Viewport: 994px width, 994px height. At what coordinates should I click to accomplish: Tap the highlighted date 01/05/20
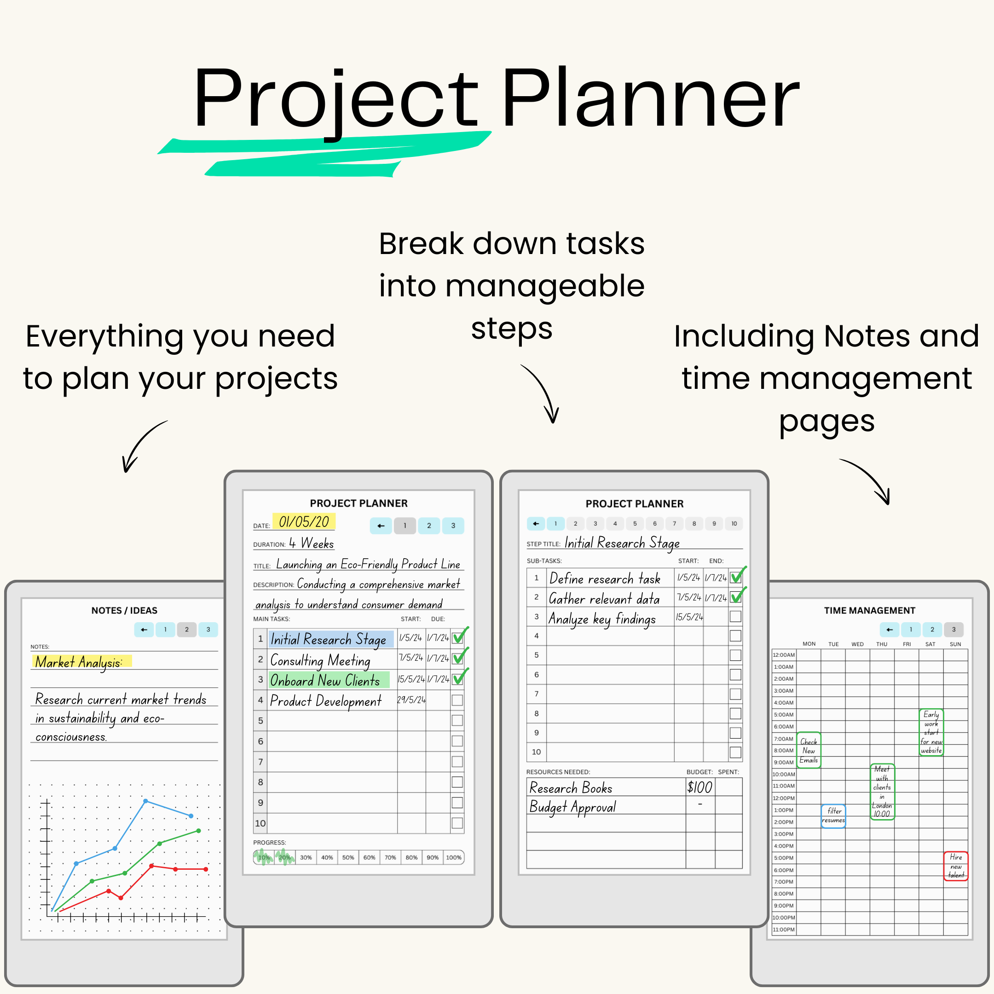[x=304, y=522]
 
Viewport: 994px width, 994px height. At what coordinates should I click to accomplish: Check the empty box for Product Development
[x=457, y=700]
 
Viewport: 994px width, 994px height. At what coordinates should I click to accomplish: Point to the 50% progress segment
[x=348, y=858]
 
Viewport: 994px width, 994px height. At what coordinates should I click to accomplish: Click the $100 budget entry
[x=699, y=787]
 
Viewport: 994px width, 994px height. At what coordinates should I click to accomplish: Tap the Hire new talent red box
[x=955, y=866]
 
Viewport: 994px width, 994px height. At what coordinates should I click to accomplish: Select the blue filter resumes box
[x=833, y=816]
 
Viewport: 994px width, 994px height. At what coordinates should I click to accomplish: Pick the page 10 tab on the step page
[x=734, y=524]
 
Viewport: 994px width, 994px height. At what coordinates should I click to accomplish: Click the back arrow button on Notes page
[x=144, y=630]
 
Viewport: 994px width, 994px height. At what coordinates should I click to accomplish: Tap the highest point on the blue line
[x=145, y=801]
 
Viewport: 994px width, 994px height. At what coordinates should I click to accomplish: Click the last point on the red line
[x=206, y=869]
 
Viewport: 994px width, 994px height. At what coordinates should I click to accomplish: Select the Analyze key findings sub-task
[x=602, y=618]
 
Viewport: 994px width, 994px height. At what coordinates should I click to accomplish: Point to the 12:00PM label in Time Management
[x=783, y=798]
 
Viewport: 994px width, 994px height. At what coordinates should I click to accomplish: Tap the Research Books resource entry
[x=571, y=788]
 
